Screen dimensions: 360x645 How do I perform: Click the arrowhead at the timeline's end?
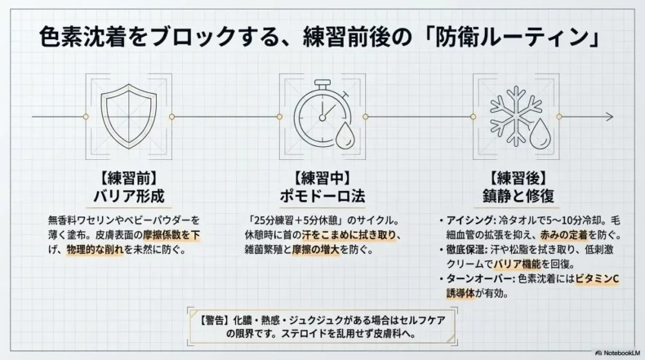(610, 115)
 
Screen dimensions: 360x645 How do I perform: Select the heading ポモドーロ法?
(322, 195)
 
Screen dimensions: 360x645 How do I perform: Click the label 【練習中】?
(322, 176)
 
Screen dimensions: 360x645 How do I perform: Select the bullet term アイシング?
(467, 220)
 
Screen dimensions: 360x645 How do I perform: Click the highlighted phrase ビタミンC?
(597, 279)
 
